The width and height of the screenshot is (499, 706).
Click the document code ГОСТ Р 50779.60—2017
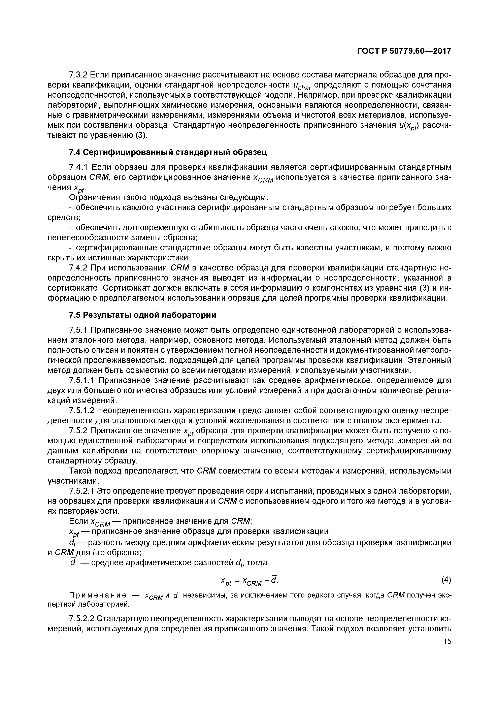[x=404, y=51]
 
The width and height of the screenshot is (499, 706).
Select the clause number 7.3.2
[x=78, y=75]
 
